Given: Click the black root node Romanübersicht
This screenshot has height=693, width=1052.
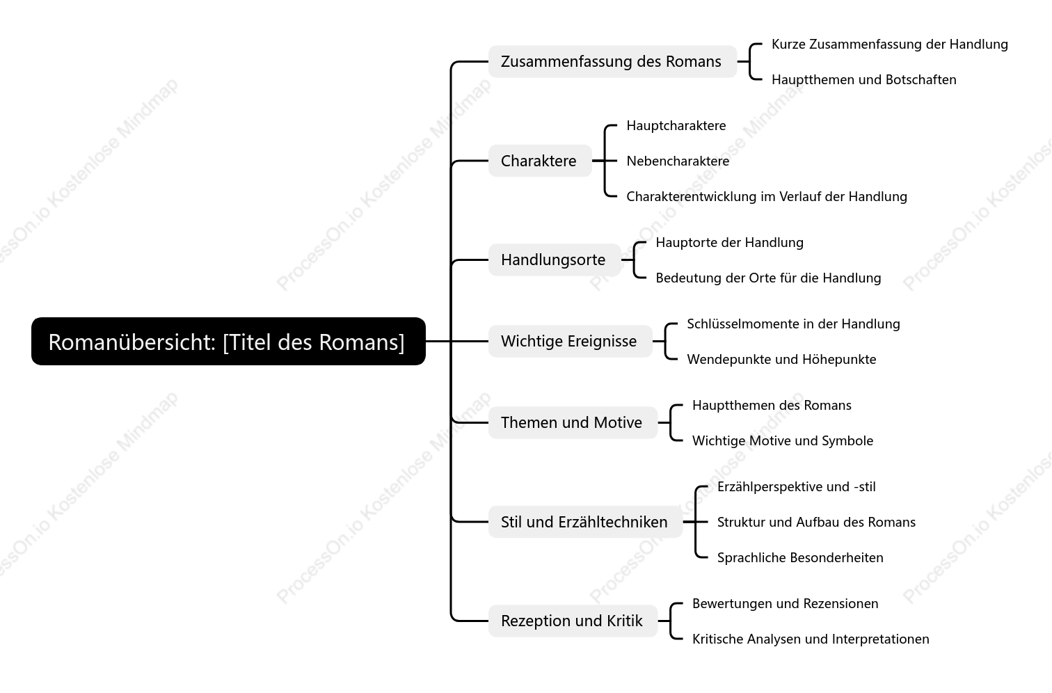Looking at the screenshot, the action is point(228,342).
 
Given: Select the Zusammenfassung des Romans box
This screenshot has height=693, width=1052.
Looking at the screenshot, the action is point(612,61).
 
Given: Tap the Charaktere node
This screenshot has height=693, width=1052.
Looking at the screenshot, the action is point(540,161).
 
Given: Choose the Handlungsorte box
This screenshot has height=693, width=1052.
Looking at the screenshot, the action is point(555,260).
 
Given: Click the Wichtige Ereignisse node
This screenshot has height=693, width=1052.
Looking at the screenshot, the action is point(570,342).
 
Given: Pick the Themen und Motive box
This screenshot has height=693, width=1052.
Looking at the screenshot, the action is point(573,422).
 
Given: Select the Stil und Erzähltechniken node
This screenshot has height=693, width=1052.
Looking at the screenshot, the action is point(585,522).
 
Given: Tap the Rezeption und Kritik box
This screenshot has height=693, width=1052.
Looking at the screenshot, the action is point(573,621).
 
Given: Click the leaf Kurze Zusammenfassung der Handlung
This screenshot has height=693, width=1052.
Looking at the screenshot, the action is point(889,44).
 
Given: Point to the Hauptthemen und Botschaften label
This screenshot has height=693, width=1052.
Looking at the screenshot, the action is point(863,80).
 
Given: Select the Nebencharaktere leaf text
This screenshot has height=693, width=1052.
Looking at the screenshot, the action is point(678,161).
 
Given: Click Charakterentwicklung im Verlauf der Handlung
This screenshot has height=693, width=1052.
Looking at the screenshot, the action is point(767,196).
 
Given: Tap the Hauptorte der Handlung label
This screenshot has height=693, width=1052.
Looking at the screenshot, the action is point(729,242).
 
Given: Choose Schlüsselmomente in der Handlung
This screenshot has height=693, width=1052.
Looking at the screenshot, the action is point(793,324).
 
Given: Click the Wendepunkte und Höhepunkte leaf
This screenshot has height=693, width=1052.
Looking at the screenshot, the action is point(781,359).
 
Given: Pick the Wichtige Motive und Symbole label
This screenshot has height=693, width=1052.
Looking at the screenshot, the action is point(783,440).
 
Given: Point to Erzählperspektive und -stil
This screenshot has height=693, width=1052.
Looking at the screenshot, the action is point(796,486).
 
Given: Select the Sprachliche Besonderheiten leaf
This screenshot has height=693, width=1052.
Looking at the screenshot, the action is point(800,557).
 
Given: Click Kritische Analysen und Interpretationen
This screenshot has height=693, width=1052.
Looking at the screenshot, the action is point(811,639).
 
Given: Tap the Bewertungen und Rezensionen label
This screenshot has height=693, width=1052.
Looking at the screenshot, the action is point(785,603).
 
